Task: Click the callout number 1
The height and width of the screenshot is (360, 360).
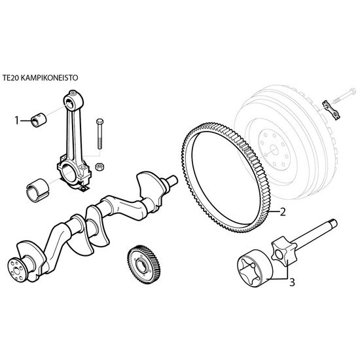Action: [x=16, y=120]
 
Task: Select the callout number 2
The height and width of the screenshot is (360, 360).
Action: [x=282, y=211]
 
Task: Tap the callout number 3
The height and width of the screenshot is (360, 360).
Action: [x=292, y=282]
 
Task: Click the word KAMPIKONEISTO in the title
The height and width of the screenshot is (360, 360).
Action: [x=49, y=78]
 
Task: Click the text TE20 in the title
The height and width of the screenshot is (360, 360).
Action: [x=10, y=78]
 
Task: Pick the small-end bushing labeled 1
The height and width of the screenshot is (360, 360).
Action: [x=39, y=120]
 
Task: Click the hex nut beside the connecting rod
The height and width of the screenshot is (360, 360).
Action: [x=100, y=166]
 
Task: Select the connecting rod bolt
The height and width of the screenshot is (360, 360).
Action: [x=100, y=134]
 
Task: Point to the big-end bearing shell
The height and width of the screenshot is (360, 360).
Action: [x=37, y=190]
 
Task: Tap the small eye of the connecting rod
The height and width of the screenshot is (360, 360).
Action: [x=73, y=100]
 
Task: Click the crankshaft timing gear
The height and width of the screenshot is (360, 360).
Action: [x=144, y=264]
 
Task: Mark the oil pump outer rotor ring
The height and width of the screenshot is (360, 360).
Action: [x=255, y=268]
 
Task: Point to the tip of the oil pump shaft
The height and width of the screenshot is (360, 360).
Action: [x=334, y=223]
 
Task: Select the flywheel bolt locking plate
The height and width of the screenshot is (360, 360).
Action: [x=331, y=110]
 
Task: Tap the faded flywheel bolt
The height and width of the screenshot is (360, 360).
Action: [x=344, y=95]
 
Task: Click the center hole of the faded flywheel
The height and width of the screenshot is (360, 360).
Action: [x=274, y=151]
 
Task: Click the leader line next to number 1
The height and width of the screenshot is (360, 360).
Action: [x=26, y=120]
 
